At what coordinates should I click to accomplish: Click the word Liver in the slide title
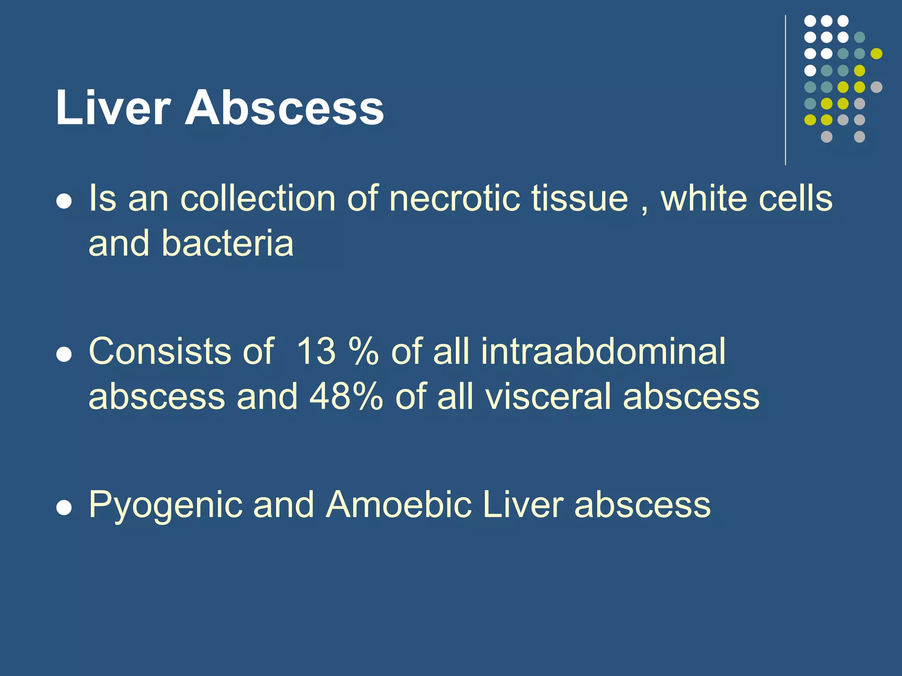click(x=113, y=108)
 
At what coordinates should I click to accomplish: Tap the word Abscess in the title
click(x=284, y=108)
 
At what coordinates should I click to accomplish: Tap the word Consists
click(x=160, y=352)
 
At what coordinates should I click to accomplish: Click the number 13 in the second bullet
click(x=316, y=352)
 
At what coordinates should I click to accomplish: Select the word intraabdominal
click(x=603, y=352)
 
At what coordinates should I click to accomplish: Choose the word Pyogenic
click(x=166, y=505)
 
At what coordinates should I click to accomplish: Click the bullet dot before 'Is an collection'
click(x=64, y=202)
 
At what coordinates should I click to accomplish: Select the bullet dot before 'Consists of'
click(x=64, y=355)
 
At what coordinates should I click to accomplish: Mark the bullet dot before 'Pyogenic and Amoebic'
click(x=64, y=508)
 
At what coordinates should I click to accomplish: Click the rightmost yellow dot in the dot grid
click(x=876, y=54)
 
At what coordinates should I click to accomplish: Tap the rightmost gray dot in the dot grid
click(x=876, y=87)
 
